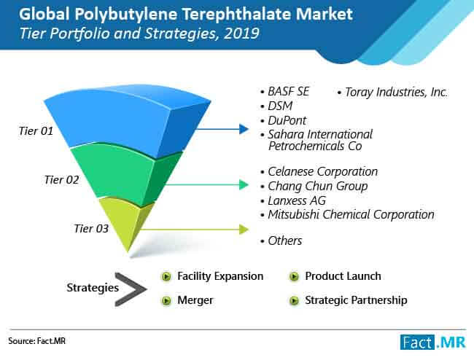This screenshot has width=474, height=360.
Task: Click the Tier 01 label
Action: [36, 130]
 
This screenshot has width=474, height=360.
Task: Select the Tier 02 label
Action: [61, 180]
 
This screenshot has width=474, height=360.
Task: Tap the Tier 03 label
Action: [91, 228]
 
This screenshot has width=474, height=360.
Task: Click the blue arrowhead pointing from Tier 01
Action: [244, 129]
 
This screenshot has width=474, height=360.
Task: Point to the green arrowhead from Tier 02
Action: [244, 184]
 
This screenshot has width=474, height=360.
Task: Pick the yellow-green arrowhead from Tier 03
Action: [244, 230]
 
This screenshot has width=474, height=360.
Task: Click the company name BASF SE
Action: [288, 92]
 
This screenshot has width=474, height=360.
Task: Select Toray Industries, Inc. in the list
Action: [396, 92]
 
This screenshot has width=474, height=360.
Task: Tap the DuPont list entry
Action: [287, 120]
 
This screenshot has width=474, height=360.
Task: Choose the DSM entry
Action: [280, 106]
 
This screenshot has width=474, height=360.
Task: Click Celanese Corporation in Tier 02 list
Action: [322, 171]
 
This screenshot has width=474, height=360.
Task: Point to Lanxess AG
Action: [297, 200]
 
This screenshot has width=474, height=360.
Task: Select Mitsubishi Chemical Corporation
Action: [351, 214]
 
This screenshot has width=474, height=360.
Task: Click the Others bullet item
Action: [284, 240]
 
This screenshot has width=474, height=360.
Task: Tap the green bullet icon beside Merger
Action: [166, 300]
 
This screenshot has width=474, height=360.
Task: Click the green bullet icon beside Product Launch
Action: [294, 276]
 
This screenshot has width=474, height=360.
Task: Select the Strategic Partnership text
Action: [356, 300]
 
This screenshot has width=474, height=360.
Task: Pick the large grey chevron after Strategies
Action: [131, 289]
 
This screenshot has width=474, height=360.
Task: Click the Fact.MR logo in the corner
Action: [433, 343]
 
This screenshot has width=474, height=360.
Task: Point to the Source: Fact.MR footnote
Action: [37, 341]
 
